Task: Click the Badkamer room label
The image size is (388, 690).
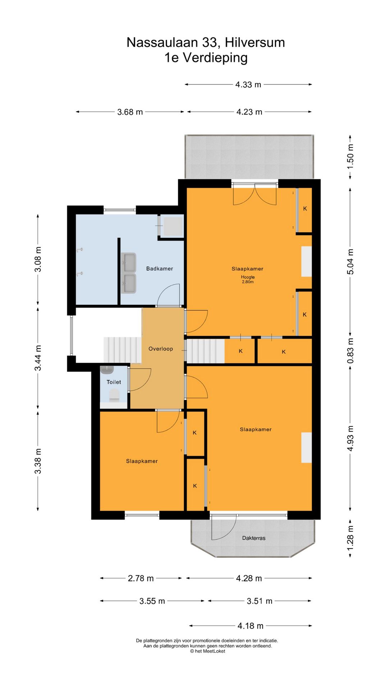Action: [x=160, y=268]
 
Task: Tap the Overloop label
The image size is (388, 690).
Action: [x=161, y=349]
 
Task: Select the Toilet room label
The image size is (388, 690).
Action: [x=114, y=382]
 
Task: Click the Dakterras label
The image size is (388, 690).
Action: [x=254, y=538]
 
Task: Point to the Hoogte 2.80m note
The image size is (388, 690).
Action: [x=248, y=279]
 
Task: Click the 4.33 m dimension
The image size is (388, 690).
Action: [x=248, y=84]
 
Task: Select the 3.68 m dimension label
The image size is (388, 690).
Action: [x=130, y=112]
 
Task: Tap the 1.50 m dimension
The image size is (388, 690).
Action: [x=350, y=157]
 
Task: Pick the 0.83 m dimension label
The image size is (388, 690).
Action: [x=350, y=350]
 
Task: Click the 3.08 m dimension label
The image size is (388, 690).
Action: [x=38, y=259]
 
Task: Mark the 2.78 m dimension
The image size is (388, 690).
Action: [x=141, y=578]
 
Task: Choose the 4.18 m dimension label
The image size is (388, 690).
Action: [x=250, y=626]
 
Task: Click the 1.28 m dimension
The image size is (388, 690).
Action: [x=350, y=538]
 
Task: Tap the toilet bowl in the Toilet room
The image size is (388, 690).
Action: [x=114, y=395]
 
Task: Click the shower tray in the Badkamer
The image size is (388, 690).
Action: [x=173, y=226]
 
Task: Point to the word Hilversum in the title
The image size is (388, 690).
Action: [x=255, y=42]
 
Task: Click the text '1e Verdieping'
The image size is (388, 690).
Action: [x=206, y=57]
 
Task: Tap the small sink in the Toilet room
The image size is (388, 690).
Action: [x=107, y=370]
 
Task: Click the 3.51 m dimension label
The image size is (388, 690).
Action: [x=259, y=601]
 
